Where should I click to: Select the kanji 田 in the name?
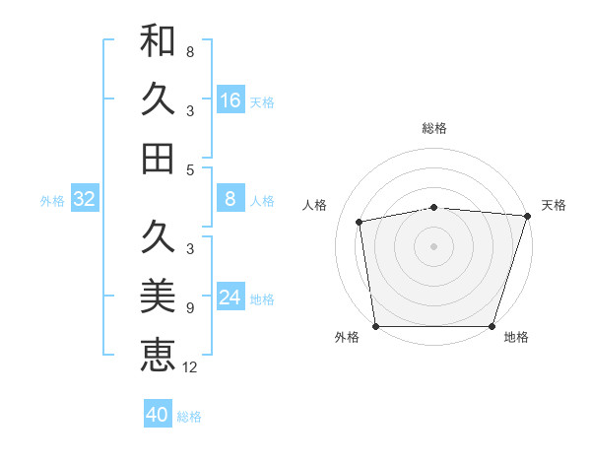pos(158,158)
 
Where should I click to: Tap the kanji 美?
pos(158,295)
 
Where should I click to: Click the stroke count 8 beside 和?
pos(190,51)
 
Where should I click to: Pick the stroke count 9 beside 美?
pos(190,307)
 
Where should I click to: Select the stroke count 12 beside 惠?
pos(190,367)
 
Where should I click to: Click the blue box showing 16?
pos(230,100)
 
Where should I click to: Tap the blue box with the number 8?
pos(230,199)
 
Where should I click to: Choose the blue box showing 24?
pos(230,298)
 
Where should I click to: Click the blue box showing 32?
pos(84,199)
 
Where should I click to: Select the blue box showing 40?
pos(158,415)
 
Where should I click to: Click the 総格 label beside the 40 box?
pos(190,417)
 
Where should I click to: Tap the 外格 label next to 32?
pos(52,201)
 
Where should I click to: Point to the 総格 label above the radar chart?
pos(434,128)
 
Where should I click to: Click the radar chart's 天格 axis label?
pos(554,205)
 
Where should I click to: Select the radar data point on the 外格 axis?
pos(375,326)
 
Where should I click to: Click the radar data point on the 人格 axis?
pos(360,222)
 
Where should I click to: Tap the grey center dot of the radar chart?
pos(434,246)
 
